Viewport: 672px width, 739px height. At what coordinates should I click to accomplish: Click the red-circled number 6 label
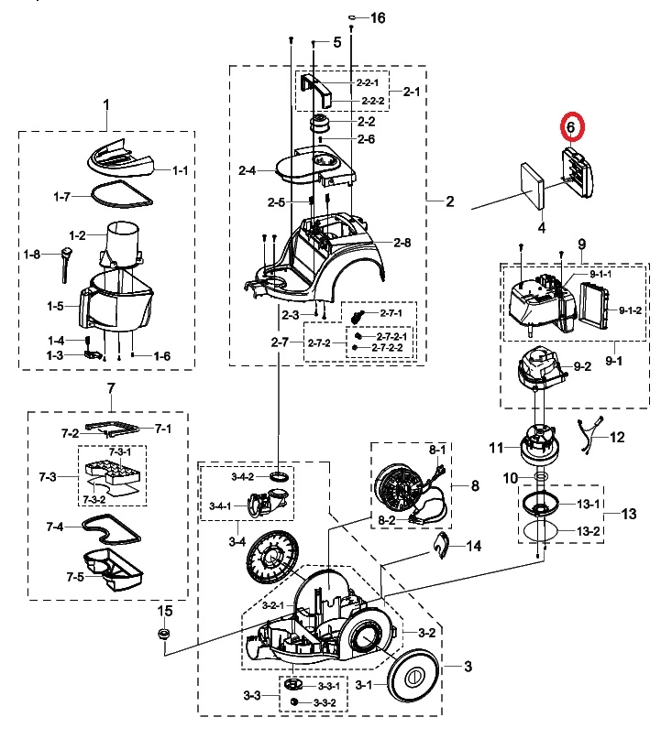pos(570,127)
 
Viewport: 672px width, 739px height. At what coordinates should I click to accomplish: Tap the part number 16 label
pos(378,18)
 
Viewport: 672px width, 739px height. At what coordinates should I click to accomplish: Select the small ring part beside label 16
pos(353,17)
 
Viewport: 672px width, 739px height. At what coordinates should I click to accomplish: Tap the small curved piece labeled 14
pos(442,545)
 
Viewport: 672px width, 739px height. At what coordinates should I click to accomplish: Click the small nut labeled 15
pos(165,634)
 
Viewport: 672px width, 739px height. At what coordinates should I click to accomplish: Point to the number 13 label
pos(628,515)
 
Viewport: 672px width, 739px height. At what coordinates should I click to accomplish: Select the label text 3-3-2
pos(325,702)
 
